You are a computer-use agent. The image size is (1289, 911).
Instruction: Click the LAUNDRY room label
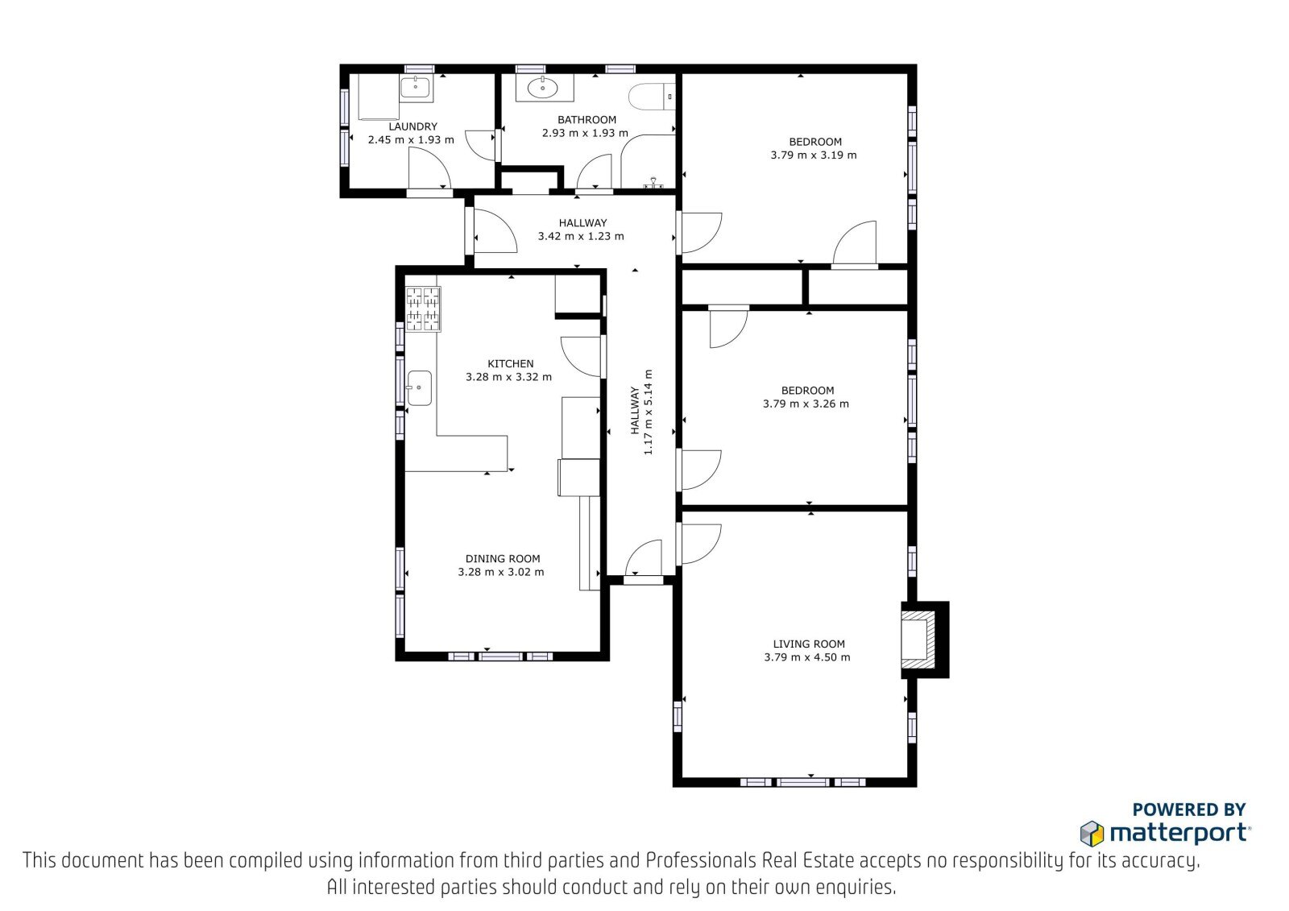click(x=412, y=126)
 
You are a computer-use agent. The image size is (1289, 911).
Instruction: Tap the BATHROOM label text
click(x=586, y=120)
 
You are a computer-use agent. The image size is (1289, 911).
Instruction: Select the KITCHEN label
click(x=511, y=364)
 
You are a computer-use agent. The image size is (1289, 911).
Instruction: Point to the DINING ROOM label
click(x=503, y=559)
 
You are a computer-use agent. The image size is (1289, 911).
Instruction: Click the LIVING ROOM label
click(x=809, y=644)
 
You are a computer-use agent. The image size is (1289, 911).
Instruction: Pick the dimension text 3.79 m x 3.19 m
click(x=814, y=155)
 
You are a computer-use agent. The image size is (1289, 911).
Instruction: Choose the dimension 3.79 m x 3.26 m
click(x=806, y=404)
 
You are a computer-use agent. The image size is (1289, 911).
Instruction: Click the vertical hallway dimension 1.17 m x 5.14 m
click(x=648, y=412)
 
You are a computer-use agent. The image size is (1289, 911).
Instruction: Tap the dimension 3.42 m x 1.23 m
click(x=581, y=236)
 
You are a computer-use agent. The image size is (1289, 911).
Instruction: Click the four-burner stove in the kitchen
click(x=423, y=309)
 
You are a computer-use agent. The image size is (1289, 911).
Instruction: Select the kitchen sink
click(x=419, y=388)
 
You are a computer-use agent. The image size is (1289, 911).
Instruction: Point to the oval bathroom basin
click(x=543, y=88)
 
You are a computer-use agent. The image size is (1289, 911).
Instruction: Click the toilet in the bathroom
click(x=652, y=97)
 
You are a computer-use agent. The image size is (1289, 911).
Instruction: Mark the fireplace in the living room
click(x=924, y=640)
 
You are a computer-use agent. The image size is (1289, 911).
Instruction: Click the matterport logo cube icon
click(x=1092, y=834)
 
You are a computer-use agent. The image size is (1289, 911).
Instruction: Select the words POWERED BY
click(x=1189, y=810)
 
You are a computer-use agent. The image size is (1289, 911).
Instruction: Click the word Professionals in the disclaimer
click(x=701, y=860)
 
